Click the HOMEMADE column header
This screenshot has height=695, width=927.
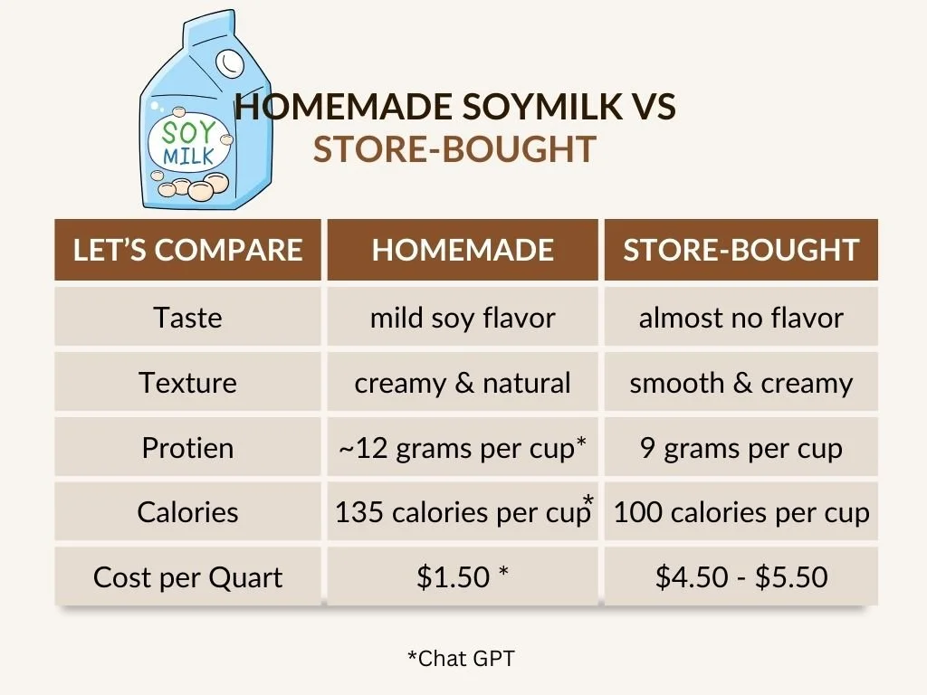pos(462,250)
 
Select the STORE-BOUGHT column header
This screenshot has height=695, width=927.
pos(741,250)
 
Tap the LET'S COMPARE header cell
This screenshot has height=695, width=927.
pos(187,250)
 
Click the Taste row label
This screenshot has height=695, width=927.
pos(187,318)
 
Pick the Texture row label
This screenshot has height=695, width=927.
pos(187,383)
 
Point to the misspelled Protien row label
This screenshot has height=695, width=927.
pos(187,448)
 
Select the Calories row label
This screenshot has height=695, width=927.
pos(187,512)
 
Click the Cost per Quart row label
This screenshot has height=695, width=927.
pos(187,577)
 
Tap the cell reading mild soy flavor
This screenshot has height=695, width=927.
pos(462,318)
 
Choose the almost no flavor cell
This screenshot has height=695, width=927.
pos(741,318)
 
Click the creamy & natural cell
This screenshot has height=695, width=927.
pos(462,383)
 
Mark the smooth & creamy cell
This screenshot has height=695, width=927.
pos(741,383)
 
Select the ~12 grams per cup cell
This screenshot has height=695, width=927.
pos(462,448)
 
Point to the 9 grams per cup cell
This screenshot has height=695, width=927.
pos(741,448)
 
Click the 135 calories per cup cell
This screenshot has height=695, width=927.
pos(462,512)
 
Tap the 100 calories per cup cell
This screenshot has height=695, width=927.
pos(741,512)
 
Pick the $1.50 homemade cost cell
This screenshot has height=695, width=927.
pos(462,577)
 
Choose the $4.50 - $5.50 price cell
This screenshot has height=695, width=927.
pos(741,577)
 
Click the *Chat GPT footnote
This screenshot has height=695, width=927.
pos(461,659)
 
